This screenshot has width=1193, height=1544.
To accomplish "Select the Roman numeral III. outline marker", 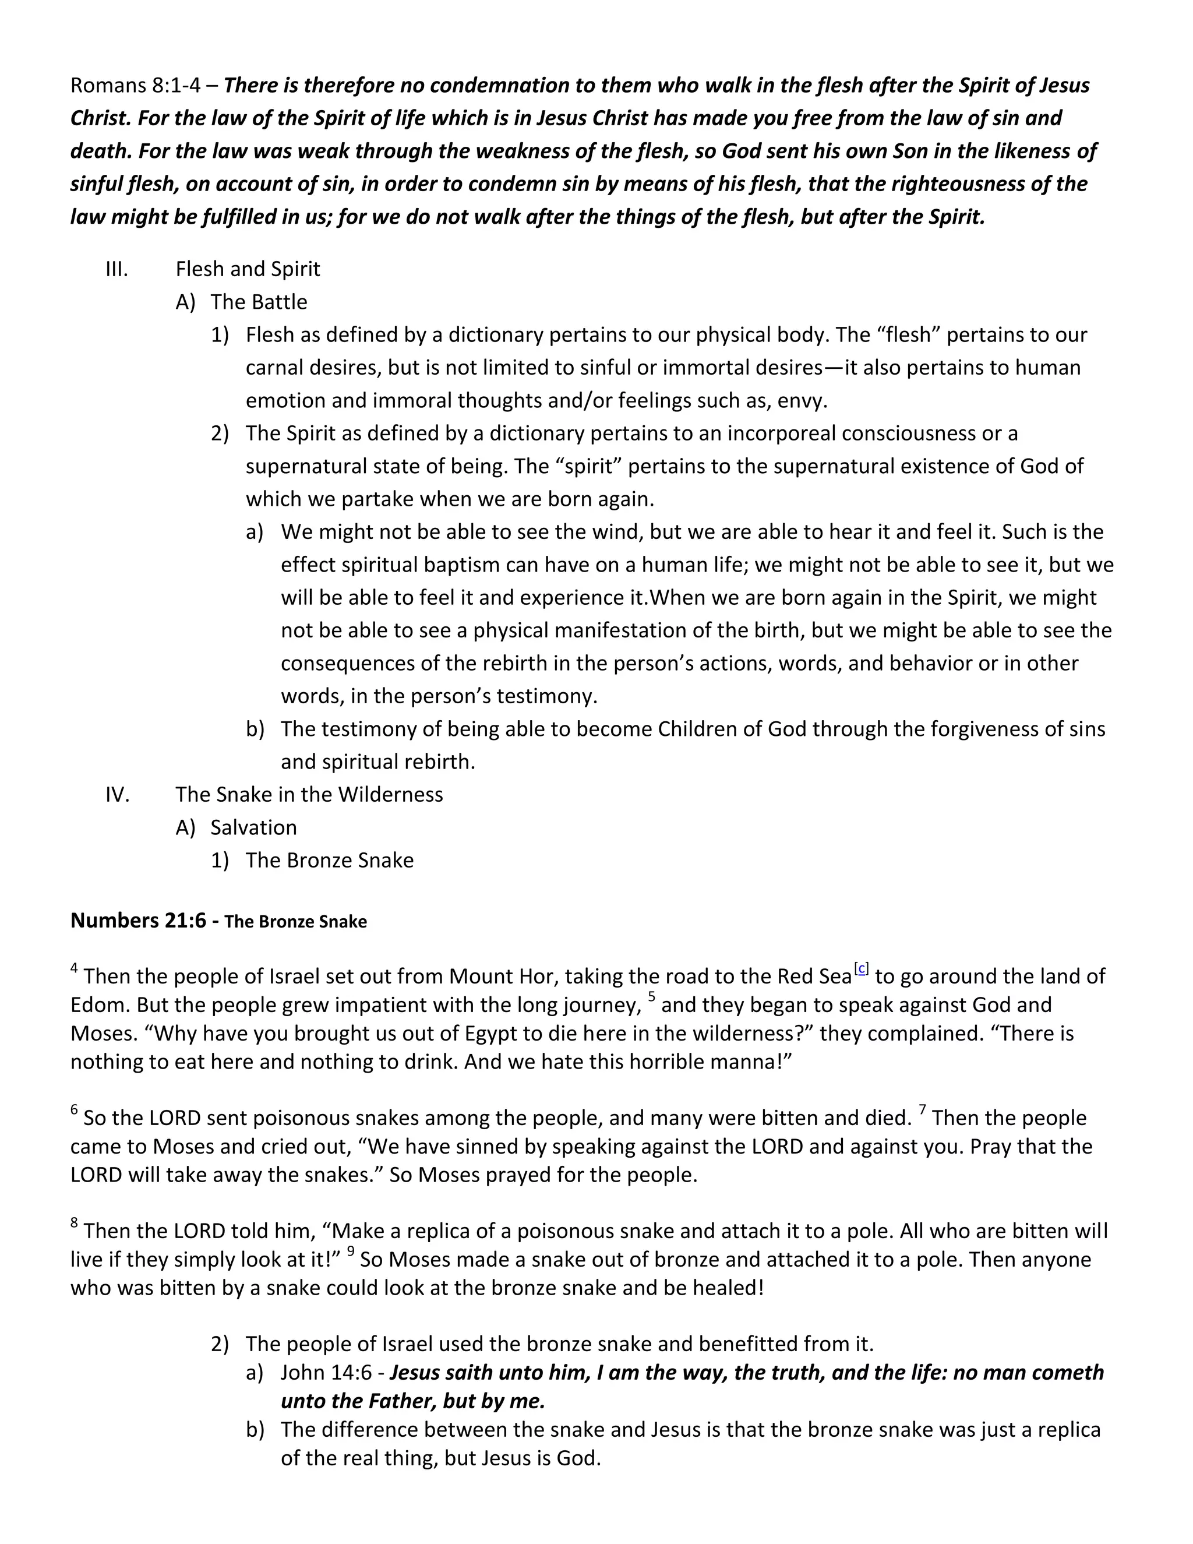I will [117, 269].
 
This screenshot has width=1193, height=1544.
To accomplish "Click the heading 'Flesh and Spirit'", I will [248, 269].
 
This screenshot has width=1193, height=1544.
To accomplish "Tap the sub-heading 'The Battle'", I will [259, 302].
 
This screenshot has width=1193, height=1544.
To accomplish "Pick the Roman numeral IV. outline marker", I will [117, 795].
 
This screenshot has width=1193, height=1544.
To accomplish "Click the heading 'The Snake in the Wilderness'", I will [309, 795].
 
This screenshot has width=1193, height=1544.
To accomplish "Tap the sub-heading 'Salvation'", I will [253, 827].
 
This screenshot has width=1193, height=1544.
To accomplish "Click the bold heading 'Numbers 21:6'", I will [138, 921].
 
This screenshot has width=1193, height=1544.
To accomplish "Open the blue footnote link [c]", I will [862, 968].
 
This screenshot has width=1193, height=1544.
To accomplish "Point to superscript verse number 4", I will [74, 970].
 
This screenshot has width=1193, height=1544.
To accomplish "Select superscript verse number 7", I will [922, 1111].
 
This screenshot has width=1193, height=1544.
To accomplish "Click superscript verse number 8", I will [74, 1224].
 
